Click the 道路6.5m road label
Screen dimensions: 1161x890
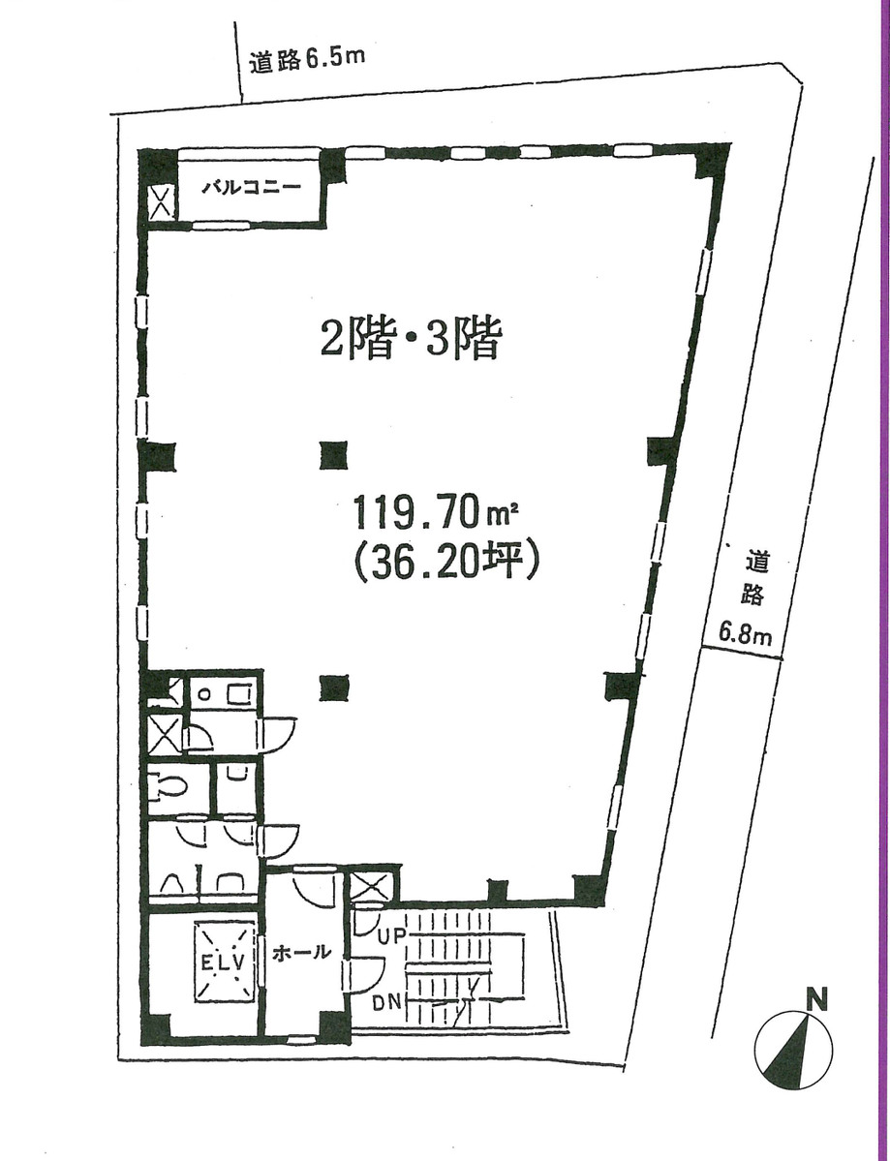(x=305, y=60)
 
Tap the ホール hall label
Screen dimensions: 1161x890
(x=296, y=953)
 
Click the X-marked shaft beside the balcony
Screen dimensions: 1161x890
(x=160, y=201)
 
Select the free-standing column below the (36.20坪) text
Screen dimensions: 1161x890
(x=334, y=686)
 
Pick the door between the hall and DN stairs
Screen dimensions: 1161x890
(x=366, y=971)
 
